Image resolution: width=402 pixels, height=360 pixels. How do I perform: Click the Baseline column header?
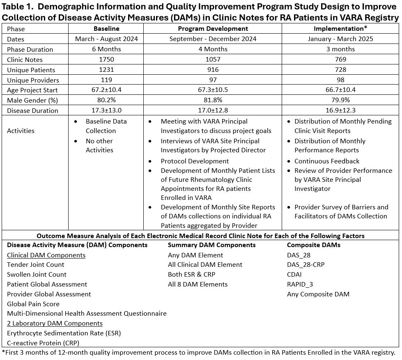point(106,29)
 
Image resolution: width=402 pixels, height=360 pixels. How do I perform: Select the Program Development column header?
point(213,29)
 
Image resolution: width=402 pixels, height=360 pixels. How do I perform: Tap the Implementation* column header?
point(340,29)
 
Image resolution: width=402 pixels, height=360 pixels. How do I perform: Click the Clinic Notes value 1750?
point(106,60)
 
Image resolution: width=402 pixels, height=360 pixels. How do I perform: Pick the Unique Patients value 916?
point(213,70)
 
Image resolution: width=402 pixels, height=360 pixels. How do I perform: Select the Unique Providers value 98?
point(340,80)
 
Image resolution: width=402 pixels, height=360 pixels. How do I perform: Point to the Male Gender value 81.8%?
point(213,100)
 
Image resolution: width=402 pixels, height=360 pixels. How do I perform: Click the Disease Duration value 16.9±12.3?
point(340,110)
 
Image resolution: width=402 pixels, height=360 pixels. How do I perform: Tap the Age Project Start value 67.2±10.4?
point(106,90)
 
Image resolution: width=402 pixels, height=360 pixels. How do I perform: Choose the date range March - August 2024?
point(106,39)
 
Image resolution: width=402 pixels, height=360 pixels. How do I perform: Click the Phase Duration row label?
point(30,49)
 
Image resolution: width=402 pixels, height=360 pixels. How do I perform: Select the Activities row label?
point(21,131)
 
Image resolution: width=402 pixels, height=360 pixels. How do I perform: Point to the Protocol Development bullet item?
point(195,161)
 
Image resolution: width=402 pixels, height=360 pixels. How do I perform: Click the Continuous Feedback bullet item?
point(326,161)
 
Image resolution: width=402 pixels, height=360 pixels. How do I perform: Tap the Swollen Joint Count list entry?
point(37,275)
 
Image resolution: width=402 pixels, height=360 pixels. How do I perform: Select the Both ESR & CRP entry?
point(191,275)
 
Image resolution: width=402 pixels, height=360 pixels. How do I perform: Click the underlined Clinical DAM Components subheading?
point(46,255)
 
